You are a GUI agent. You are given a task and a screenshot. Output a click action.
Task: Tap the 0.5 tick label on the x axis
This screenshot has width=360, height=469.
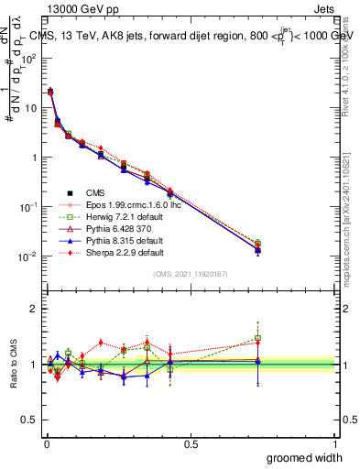coord(191,443)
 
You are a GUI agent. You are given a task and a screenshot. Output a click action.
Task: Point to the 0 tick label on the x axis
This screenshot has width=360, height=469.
coord(47,443)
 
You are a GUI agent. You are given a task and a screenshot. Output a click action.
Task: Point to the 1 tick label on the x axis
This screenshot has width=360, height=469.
coord(334,443)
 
